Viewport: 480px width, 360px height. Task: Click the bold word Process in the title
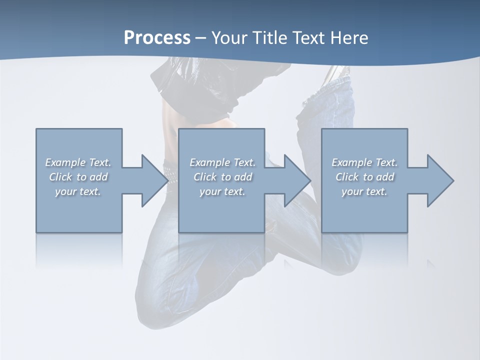157,38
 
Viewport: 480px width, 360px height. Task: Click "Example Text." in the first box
78,162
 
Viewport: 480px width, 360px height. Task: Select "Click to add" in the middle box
222,177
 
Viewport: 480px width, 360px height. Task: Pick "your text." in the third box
364,191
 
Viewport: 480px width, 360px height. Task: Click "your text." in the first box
78,191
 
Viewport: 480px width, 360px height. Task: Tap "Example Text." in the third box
364,162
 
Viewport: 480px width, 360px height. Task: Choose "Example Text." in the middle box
222,162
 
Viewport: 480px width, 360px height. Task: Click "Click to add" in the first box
78,177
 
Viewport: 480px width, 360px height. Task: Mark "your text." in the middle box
222,191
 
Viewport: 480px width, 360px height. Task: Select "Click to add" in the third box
364,177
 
